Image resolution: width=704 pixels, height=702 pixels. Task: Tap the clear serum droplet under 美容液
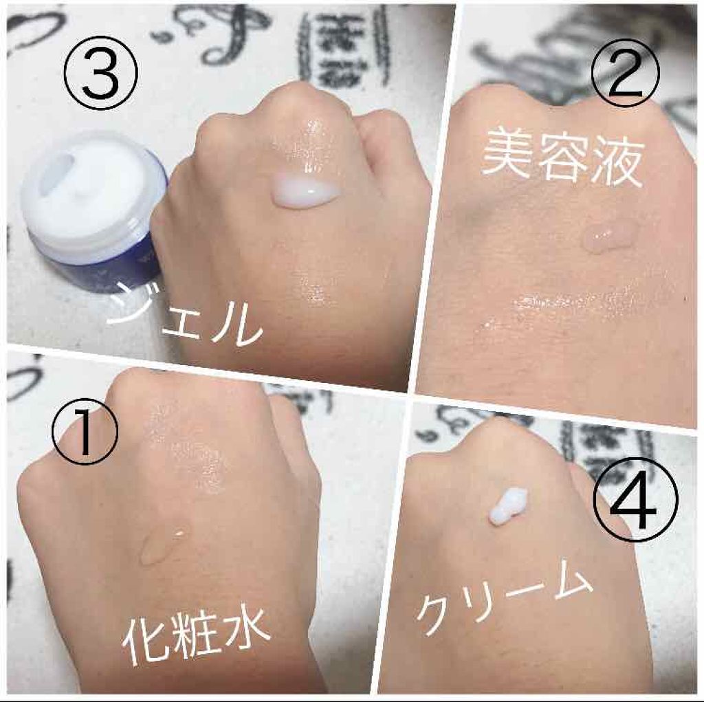(x=609, y=237)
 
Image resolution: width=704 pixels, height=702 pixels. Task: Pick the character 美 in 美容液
(x=508, y=155)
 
